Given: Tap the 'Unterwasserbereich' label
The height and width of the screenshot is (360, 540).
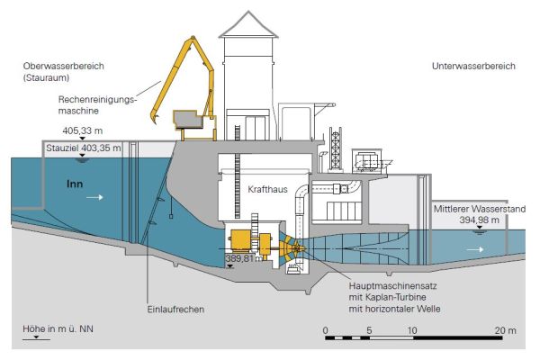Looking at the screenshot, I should (474, 66).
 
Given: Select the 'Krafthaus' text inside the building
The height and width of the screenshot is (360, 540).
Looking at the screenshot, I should (267, 190).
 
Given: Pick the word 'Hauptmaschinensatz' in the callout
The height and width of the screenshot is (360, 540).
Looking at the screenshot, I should (390, 286).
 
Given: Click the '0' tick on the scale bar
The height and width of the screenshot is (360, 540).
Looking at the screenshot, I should (325, 330).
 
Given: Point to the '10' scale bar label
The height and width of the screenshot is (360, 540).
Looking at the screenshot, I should (413, 330).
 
